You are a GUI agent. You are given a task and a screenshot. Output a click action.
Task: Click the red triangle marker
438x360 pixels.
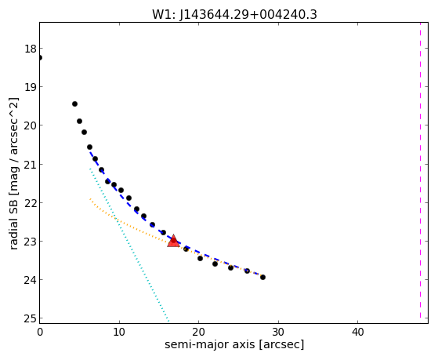(x=173, y=241)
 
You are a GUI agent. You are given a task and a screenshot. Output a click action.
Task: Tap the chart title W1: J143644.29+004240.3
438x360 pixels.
(x=234, y=14)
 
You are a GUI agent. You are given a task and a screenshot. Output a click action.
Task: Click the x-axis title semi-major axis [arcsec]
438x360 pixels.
(x=234, y=344)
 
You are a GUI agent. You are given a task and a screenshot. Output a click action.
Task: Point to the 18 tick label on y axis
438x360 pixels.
(x=31, y=49)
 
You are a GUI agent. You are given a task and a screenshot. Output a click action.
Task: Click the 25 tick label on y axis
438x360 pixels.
(x=31, y=318)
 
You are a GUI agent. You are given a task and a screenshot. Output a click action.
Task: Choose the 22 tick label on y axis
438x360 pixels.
(x=31, y=202)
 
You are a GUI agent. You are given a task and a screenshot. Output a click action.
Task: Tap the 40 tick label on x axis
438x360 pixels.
(x=357, y=332)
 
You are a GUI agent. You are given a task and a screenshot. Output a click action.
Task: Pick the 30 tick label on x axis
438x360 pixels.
(x=278, y=332)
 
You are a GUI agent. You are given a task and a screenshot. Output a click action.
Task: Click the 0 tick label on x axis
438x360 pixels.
(x=40, y=332)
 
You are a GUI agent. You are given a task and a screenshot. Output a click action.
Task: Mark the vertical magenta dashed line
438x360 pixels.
(x=420, y=170)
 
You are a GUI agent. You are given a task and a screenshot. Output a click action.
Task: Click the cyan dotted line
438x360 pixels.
(x=129, y=245)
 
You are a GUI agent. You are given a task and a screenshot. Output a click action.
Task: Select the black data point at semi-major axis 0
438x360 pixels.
(x=40, y=57)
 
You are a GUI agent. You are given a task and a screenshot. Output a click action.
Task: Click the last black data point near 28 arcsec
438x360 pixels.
(x=262, y=277)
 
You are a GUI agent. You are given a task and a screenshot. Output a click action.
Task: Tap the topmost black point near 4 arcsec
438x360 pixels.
(x=74, y=104)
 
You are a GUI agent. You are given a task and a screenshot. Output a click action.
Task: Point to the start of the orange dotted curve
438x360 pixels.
(x=90, y=199)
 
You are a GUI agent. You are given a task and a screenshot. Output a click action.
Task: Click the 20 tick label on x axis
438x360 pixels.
(x=198, y=332)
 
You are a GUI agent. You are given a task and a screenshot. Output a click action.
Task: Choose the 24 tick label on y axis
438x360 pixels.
(x=31, y=280)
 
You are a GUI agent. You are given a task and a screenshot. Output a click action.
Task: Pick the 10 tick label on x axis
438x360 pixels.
(x=119, y=332)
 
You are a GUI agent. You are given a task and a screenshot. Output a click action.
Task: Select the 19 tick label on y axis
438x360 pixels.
(x=31, y=87)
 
